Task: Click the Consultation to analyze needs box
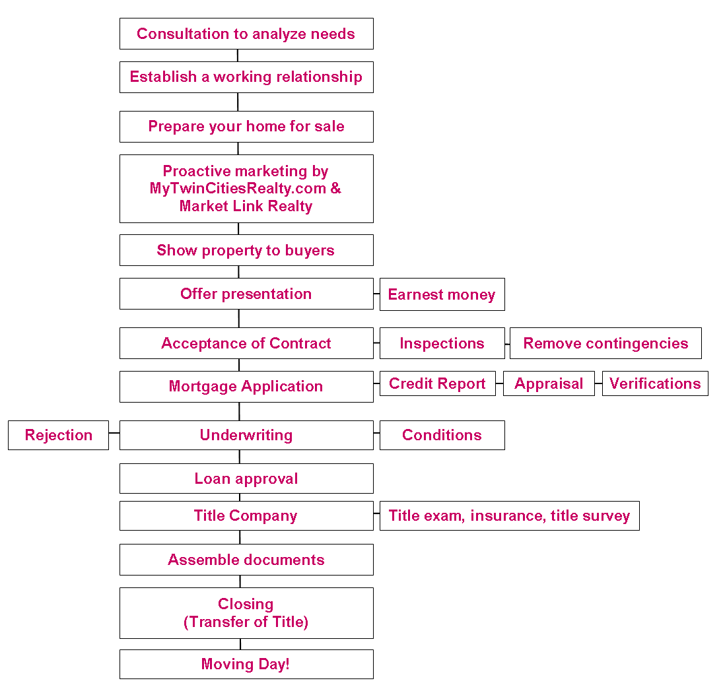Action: [246, 34]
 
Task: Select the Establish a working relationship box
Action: [246, 77]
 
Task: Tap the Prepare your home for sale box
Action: [246, 126]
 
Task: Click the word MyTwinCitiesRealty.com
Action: [238, 189]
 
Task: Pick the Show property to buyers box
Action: [246, 250]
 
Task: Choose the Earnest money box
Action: [442, 294]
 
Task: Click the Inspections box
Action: [442, 343]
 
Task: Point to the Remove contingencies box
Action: [605, 343]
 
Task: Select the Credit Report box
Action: [438, 383]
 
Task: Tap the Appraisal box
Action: [549, 383]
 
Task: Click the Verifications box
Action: [655, 383]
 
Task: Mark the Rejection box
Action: [59, 435]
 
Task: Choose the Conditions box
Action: [442, 435]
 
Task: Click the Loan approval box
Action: [246, 478]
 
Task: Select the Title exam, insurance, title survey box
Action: [510, 515]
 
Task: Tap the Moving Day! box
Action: [246, 664]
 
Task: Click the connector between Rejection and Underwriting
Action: [114, 433]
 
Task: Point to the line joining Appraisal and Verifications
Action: [598, 383]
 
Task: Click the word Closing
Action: [246, 604]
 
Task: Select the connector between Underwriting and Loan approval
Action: [240, 457]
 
